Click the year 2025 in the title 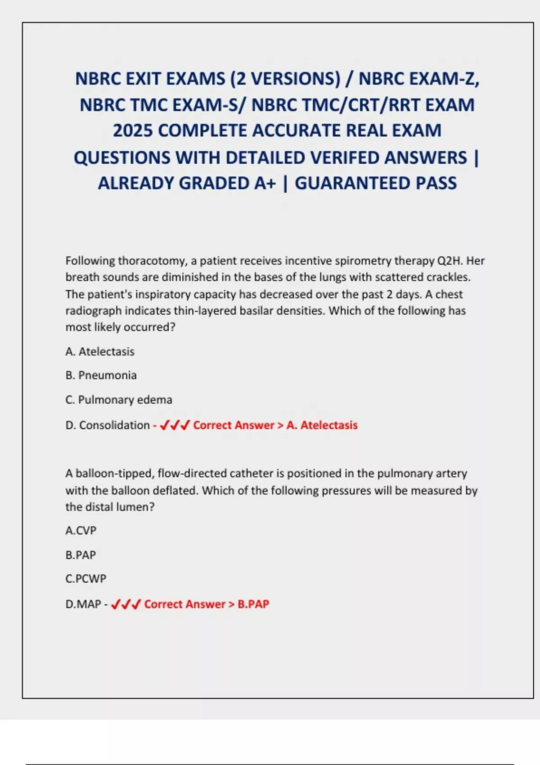133,130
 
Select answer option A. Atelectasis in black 100,351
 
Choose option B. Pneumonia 101,375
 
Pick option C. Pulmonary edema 119,400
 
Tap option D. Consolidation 108,425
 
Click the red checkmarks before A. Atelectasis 175,425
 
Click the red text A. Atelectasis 322,425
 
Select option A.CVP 81,531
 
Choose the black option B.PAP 81,555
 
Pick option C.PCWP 86,579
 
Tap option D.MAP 83,604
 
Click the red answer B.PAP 253,604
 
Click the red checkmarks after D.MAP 126,604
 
